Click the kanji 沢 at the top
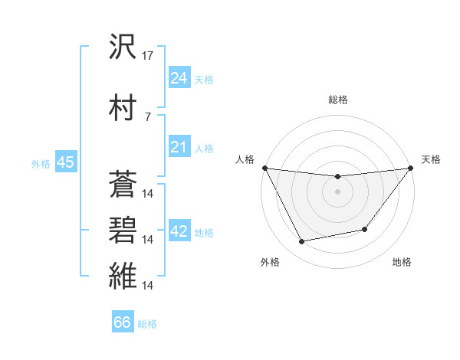click(123, 47)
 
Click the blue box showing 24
click(179, 77)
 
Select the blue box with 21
click(179, 146)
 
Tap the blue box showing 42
click(179, 232)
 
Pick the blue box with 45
click(65, 162)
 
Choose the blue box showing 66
click(123, 322)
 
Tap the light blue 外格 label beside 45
click(41, 163)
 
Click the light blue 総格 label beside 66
click(148, 324)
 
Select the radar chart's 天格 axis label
click(432, 159)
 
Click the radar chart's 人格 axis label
click(245, 159)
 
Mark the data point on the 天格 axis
click(410, 168)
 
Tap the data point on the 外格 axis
click(302, 242)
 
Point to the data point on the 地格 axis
click(365, 229)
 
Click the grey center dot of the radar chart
click(337, 191)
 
